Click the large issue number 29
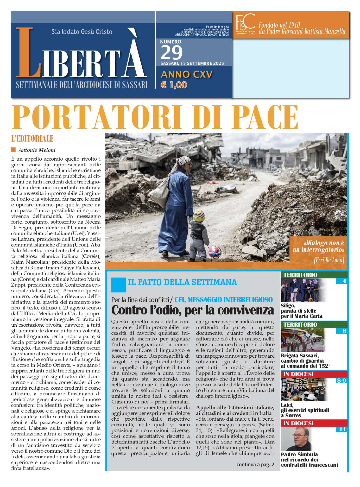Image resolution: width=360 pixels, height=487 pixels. pos(172,53)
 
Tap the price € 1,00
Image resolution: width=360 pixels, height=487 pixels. pos(174,85)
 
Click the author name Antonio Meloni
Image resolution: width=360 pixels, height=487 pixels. pos(37,150)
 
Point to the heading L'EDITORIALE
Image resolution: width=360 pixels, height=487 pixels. pos(32,138)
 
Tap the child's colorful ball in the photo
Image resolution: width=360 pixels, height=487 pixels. pos(215,251)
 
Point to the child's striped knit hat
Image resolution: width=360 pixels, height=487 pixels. pos(199,215)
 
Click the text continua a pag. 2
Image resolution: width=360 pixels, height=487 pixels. pos(255,465)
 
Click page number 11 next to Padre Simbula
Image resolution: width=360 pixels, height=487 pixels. pos(342,429)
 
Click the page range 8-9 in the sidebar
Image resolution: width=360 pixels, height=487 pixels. pos(341,381)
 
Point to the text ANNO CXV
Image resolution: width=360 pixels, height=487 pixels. pos(187,74)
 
